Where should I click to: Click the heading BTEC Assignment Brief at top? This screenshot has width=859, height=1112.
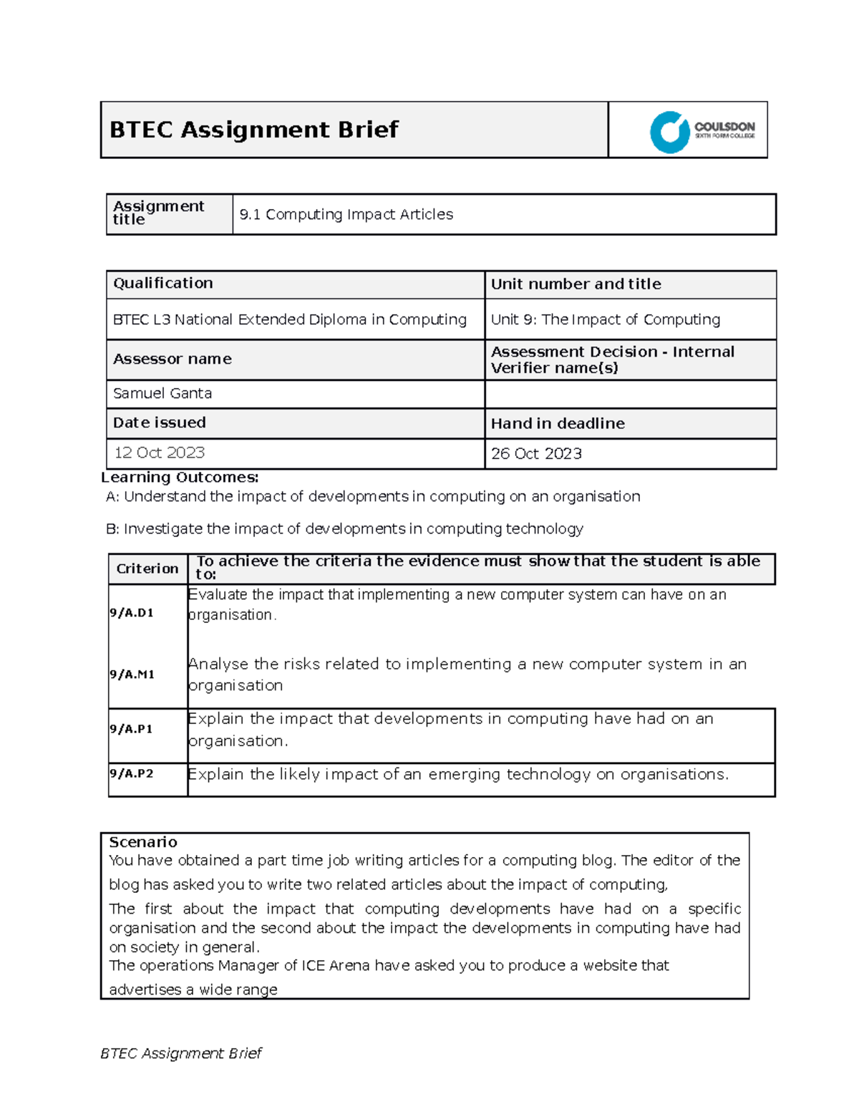[253, 130]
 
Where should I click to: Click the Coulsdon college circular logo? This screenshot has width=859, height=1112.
[669, 132]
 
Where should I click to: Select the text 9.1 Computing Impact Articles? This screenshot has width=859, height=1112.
[346, 214]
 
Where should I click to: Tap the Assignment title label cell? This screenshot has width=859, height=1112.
[159, 213]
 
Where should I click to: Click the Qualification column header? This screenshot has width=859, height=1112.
[163, 284]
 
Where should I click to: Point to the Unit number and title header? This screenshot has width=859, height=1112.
[576, 284]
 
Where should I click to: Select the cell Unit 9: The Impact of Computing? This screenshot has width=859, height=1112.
[605, 319]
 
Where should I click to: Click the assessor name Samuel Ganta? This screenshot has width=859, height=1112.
[162, 394]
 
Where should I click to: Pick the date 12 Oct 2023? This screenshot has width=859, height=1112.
[160, 453]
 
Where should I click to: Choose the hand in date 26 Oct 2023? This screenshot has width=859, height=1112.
[536, 453]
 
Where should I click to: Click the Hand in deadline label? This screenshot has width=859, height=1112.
[558, 424]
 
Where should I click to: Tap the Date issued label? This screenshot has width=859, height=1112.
[160, 423]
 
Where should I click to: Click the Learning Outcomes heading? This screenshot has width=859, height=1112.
[180, 478]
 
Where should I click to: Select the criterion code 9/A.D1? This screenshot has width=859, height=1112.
[132, 613]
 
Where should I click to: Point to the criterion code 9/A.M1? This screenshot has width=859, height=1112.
[132, 675]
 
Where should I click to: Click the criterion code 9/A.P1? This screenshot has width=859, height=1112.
[131, 729]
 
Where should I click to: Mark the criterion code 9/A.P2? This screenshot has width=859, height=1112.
[131, 774]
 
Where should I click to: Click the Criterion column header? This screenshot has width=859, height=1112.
[147, 569]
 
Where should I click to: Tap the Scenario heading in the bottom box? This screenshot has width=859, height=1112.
[143, 842]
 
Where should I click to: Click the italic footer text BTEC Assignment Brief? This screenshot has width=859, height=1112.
[181, 1053]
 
